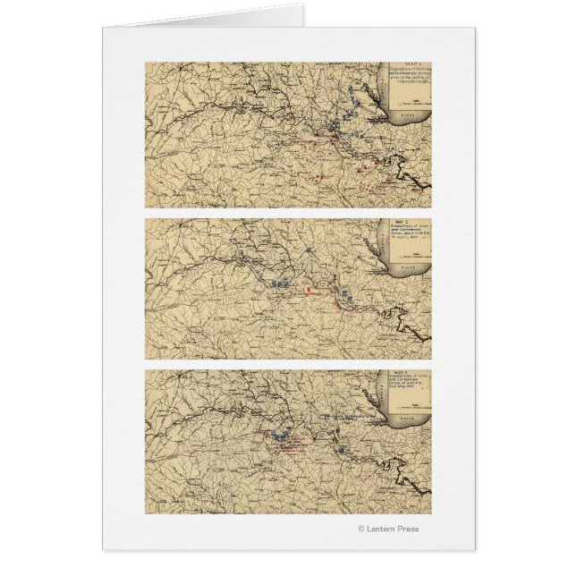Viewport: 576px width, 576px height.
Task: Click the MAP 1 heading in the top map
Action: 411,64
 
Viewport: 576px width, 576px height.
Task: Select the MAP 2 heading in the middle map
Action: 406,220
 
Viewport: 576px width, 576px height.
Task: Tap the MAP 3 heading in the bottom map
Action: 406,372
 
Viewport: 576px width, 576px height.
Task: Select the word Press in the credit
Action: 406,529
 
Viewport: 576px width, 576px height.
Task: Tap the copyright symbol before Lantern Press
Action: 360,529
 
